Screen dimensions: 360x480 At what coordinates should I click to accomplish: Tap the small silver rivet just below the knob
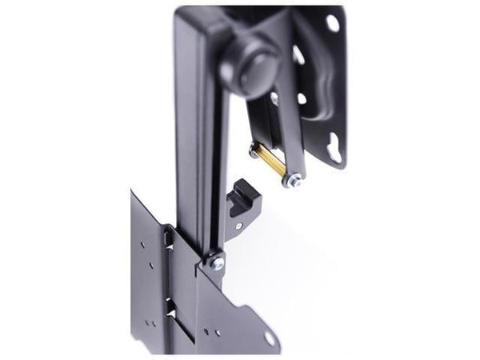point(274,98)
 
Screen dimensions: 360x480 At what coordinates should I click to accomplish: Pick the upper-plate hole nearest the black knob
point(297,55)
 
